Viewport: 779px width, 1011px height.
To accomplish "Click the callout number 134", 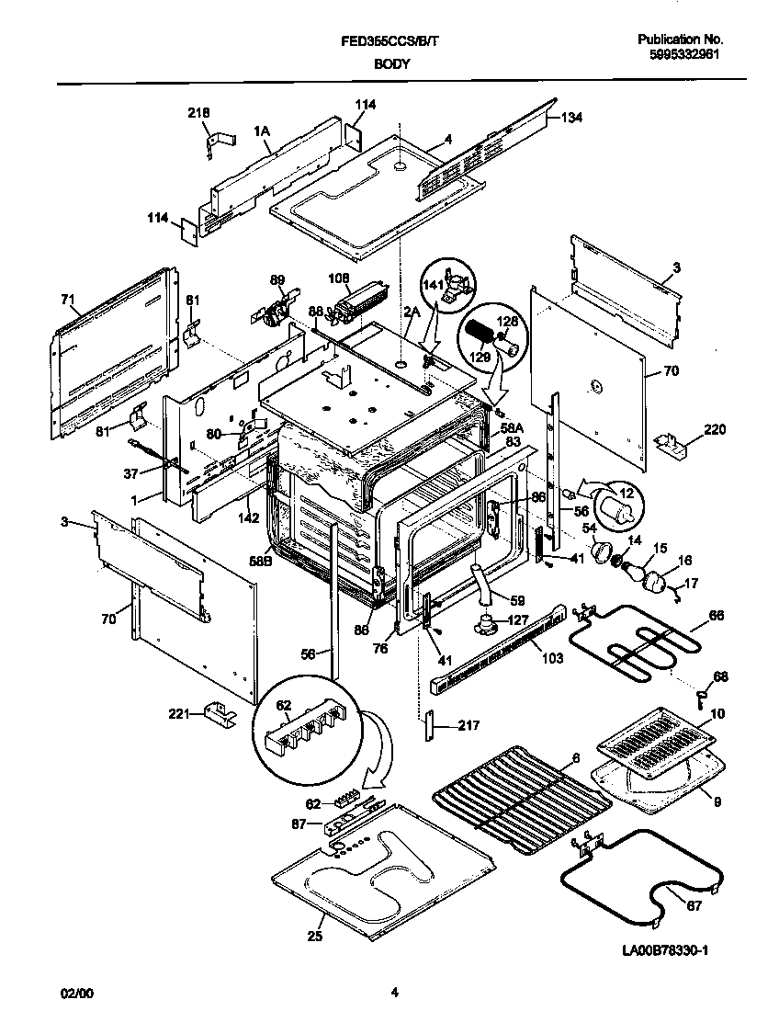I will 571,117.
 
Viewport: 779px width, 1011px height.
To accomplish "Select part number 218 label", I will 198,112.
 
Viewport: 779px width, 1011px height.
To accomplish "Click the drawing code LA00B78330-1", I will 659,950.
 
